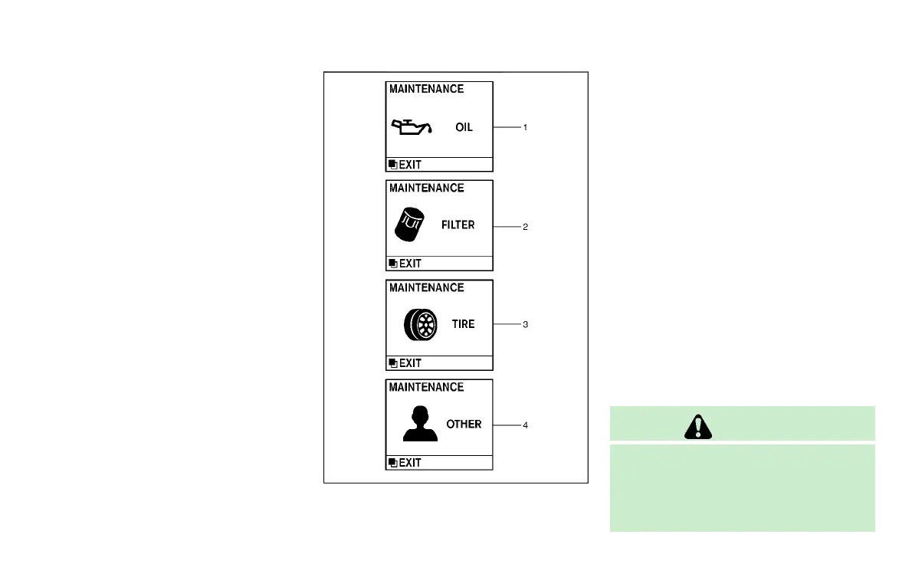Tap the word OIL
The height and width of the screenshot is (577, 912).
pos(464,127)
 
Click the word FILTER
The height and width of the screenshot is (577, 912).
pos(458,225)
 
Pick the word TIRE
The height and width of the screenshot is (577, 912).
pos(463,324)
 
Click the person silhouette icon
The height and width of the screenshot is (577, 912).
pos(420,424)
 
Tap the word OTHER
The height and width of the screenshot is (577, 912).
pos(464,424)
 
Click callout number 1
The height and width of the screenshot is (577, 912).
pos(525,127)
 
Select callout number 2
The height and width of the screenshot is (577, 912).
pos(525,227)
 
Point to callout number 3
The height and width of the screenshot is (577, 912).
pos(525,325)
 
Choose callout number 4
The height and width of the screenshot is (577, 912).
pos(525,425)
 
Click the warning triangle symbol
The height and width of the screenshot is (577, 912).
pos(701,428)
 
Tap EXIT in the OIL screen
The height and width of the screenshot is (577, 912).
pos(409,165)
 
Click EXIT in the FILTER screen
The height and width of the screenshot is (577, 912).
pos(409,264)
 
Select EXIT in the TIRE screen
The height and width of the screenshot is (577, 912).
pos(409,363)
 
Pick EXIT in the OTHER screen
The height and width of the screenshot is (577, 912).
pos(409,463)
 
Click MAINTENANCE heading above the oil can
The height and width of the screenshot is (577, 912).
pos(426,89)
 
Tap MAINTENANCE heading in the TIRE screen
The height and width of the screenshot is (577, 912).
pos(426,288)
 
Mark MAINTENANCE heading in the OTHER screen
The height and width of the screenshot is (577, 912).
pos(426,387)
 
